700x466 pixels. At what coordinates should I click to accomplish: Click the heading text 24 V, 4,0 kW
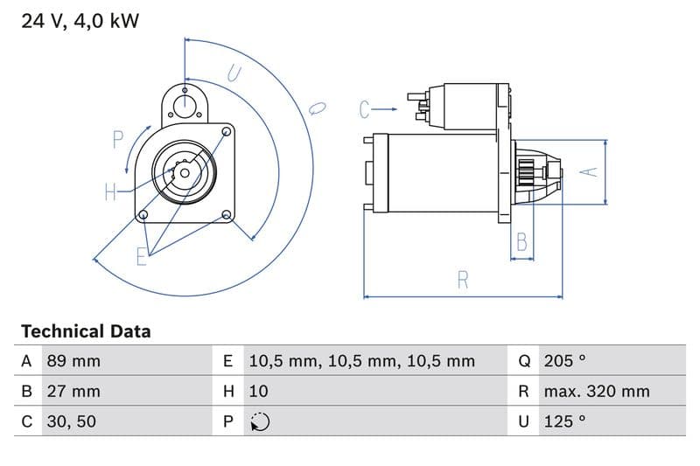[x=80, y=20]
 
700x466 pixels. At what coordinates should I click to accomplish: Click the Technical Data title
[x=86, y=331]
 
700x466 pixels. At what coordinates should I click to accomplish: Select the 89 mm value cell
[x=73, y=360]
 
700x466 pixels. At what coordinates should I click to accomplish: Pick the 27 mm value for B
[x=73, y=391]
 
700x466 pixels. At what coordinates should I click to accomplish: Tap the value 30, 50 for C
[x=71, y=421]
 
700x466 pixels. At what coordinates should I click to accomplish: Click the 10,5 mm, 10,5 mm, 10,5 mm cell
[x=361, y=360]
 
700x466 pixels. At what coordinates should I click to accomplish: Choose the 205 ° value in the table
[x=564, y=360]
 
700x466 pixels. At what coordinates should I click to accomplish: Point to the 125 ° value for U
[x=564, y=421]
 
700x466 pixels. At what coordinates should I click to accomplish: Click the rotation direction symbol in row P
[x=259, y=421]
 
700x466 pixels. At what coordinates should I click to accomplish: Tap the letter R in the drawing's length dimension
[x=463, y=280]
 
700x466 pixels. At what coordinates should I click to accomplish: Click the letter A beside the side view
[x=591, y=171]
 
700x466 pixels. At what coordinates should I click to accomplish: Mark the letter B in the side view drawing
[x=522, y=241]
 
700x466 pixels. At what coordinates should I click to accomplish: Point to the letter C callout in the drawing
[x=366, y=109]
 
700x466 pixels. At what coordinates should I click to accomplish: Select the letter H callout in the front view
[x=111, y=191]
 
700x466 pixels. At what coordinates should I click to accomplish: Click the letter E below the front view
[x=142, y=256]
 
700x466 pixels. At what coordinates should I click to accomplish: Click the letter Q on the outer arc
[x=318, y=108]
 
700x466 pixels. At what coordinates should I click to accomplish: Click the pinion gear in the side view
[x=527, y=171]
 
